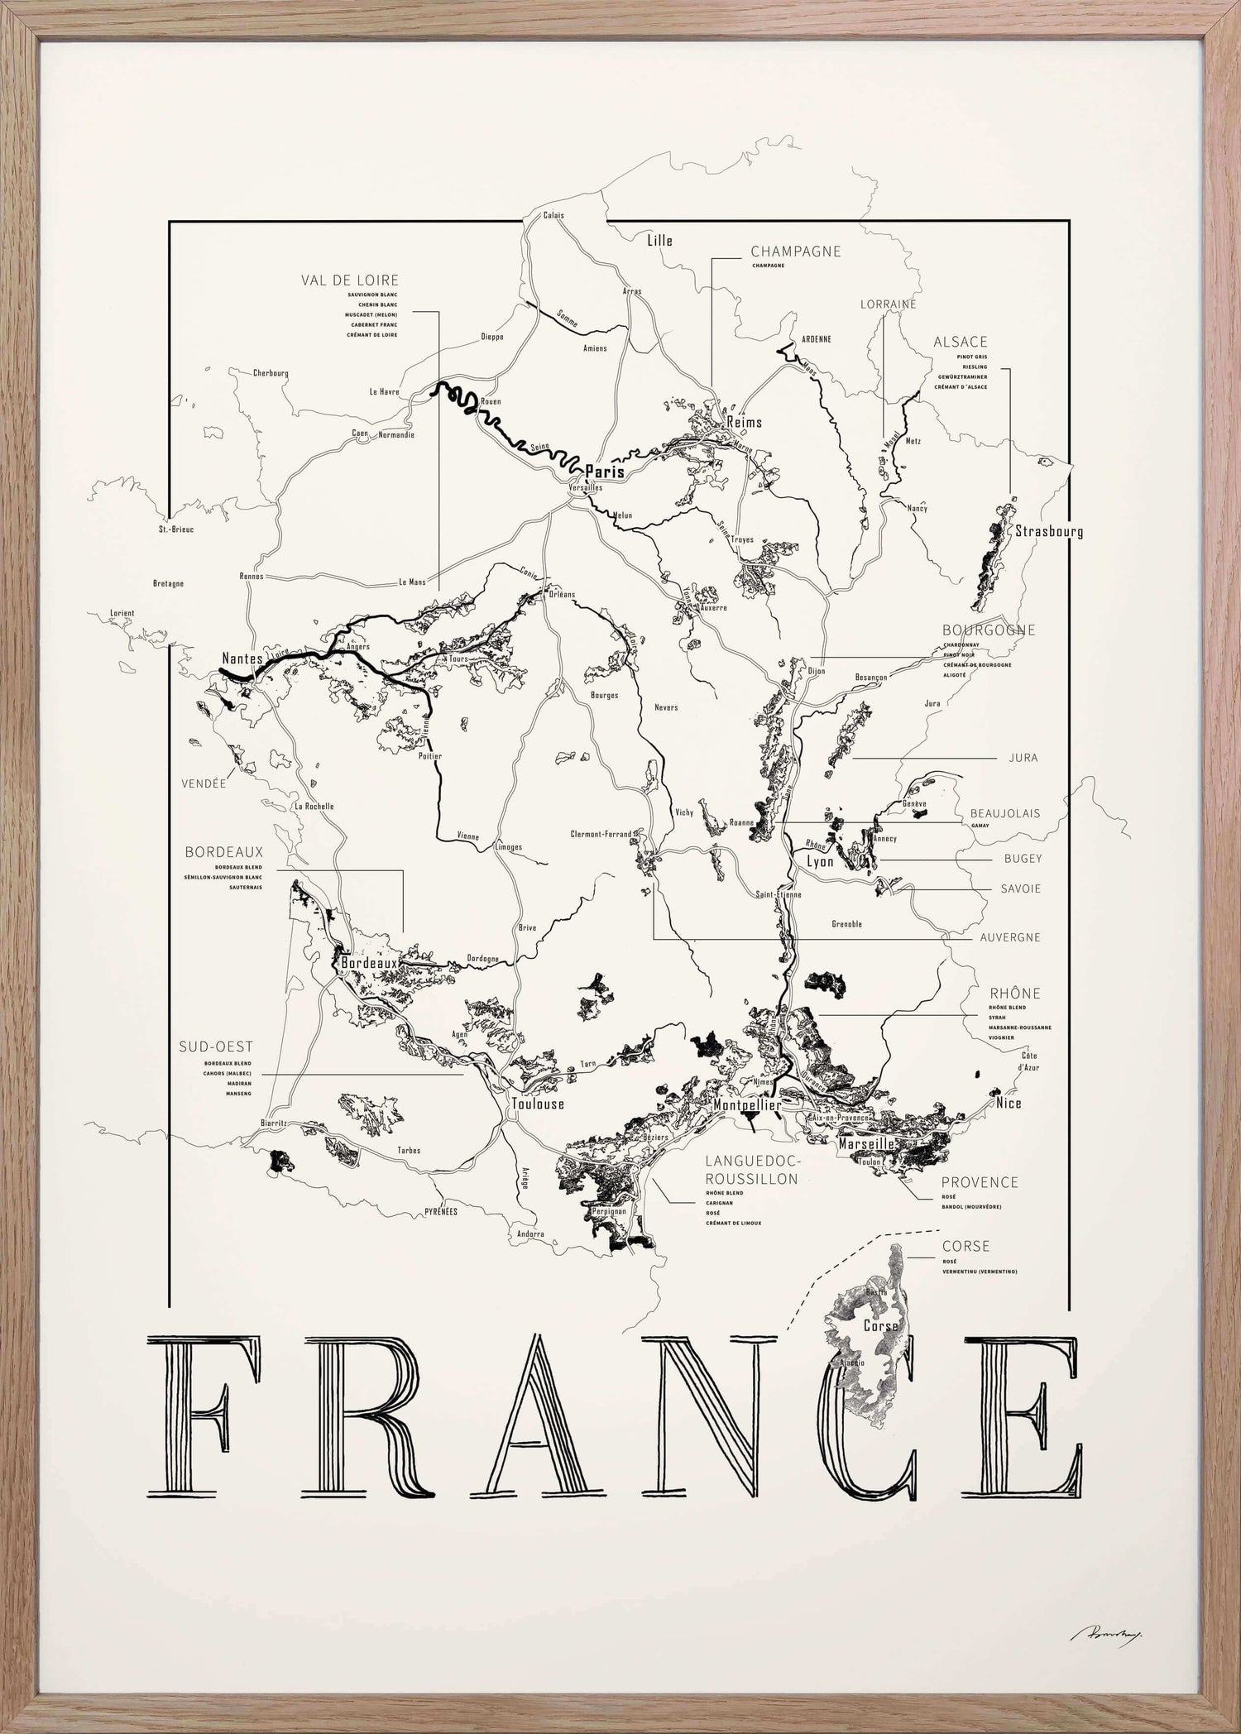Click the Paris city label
tap(602, 472)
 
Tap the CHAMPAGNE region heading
tap(795, 251)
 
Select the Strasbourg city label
tap(1049, 531)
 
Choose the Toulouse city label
tap(537, 1104)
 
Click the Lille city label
tap(659, 241)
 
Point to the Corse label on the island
tap(880, 1325)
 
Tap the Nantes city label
tap(242, 659)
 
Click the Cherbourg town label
tap(271, 373)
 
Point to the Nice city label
tap(1009, 1103)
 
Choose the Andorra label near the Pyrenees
tap(529, 1234)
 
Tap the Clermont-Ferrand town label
tap(601, 834)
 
